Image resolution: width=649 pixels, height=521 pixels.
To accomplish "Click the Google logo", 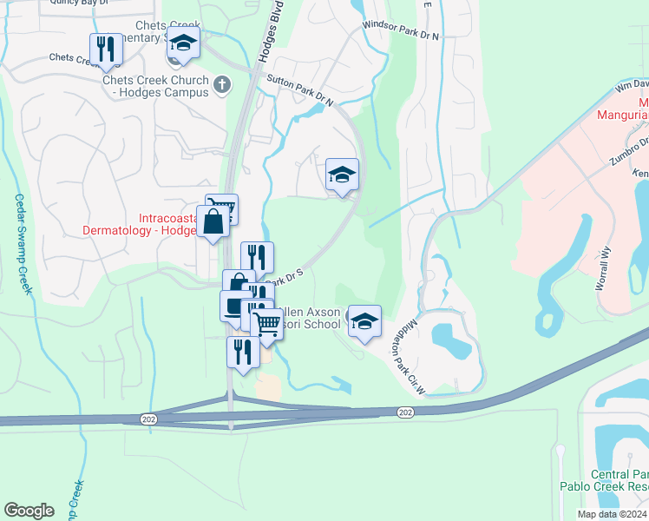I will [29, 511].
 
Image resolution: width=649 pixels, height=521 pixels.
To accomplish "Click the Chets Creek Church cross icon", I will [223, 85].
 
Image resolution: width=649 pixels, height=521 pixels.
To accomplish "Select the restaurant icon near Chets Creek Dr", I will [106, 49].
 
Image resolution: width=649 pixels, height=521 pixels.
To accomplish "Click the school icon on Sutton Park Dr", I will [342, 174].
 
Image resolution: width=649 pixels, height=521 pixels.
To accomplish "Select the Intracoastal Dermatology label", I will [139, 224].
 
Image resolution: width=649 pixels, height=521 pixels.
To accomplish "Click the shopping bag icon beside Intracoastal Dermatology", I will [213, 222].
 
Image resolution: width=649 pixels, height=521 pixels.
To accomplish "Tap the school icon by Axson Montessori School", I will [365, 321].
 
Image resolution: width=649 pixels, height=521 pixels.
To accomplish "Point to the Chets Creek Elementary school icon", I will [183, 43].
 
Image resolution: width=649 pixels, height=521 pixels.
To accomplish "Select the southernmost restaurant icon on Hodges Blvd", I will [243, 353].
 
